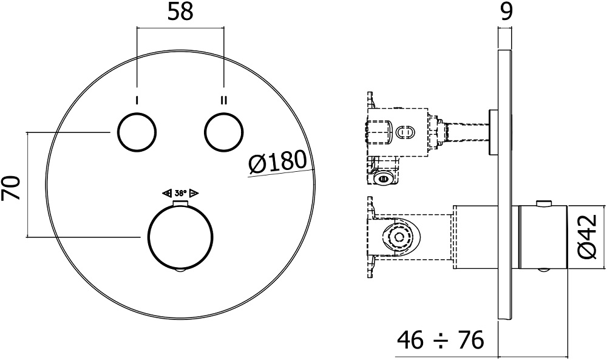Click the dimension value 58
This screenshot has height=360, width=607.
click(x=180, y=12)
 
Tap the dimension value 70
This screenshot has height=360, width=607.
click(x=11, y=188)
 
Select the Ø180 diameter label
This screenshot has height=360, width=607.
click(x=277, y=162)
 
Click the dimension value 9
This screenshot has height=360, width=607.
click(x=506, y=12)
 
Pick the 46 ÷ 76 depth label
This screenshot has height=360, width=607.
click(x=441, y=340)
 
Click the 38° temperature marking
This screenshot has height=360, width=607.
click(x=180, y=192)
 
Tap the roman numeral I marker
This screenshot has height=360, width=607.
click(x=137, y=101)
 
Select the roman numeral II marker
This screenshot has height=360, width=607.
click(x=224, y=101)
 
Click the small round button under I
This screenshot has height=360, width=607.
click(x=137, y=132)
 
